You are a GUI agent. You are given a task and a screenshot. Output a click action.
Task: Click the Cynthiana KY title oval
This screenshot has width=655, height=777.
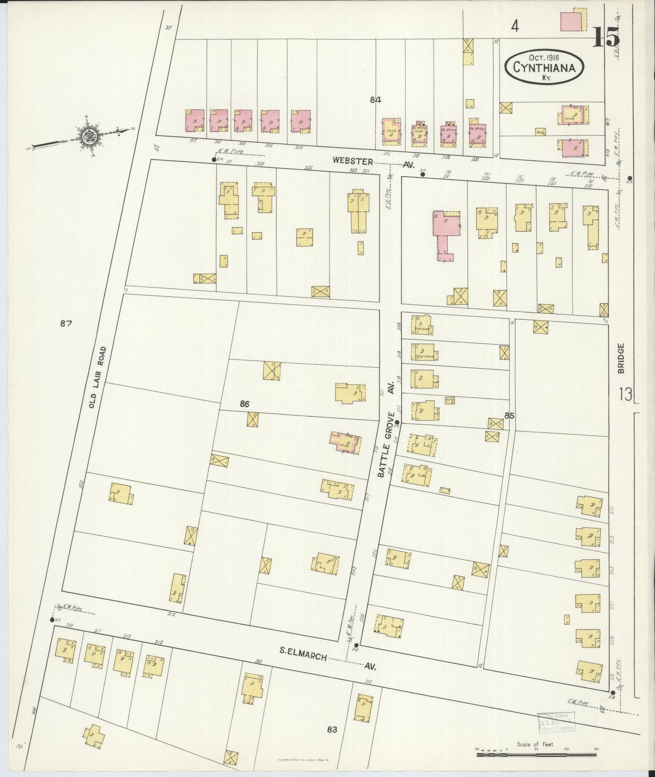[544, 67]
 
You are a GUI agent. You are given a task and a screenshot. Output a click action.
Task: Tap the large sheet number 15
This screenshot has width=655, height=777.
[606, 37]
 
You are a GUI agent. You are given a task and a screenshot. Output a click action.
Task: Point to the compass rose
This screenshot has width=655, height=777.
[87, 135]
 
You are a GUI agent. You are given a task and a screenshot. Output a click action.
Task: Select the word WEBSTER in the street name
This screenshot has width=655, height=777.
[352, 161]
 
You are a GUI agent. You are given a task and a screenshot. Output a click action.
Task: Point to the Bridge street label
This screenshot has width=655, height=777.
[620, 358]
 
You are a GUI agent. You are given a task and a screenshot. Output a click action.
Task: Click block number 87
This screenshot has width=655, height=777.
[66, 323]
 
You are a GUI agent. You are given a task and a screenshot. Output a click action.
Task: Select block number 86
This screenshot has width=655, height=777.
[244, 404]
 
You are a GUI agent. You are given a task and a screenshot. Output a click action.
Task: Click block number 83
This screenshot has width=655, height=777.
[332, 729]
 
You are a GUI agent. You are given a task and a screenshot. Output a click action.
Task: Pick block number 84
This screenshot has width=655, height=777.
[375, 100]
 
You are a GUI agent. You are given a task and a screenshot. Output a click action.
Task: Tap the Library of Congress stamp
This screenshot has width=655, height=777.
[556, 722]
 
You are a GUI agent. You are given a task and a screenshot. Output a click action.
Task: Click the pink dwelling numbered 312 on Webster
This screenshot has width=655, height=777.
[194, 121]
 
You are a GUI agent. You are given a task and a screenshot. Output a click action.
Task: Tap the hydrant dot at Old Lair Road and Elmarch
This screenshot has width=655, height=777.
[52, 620]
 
